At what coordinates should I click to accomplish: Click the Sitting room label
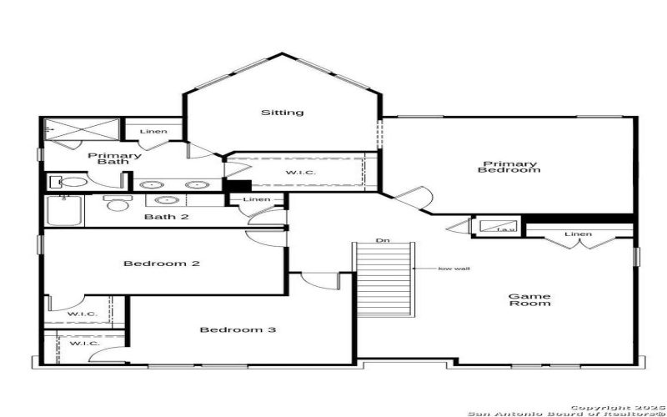[282, 113]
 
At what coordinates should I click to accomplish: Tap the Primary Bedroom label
[509, 168]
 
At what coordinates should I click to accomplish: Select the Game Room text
[529, 299]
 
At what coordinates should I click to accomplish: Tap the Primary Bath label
[114, 159]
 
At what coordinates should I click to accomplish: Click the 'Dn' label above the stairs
[383, 241]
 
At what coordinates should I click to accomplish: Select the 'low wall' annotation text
[451, 269]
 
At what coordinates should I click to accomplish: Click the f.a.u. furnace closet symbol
[496, 226]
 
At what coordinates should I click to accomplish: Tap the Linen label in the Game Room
[578, 234]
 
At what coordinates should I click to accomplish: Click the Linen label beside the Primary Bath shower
[153, 132]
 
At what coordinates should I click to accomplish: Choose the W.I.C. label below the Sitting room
[301, 173]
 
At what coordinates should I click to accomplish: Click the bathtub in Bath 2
[65, 210]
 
